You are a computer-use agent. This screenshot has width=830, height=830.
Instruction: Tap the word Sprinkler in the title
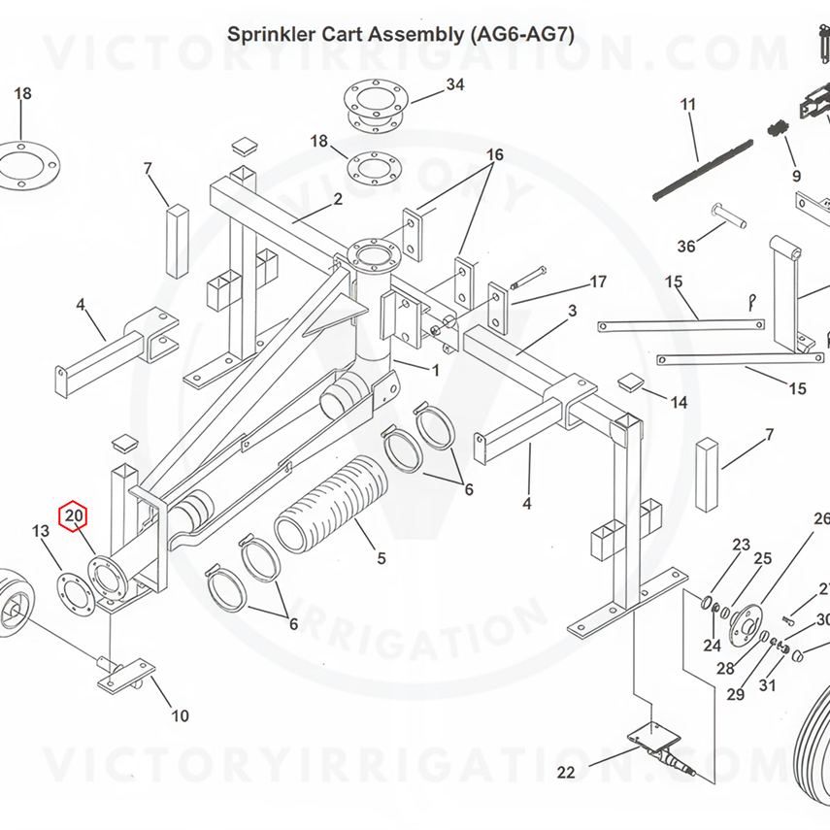click(271, 35)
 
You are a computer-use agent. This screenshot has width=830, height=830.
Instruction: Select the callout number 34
click(455, 84)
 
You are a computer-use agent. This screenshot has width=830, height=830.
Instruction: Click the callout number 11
click(688, 104)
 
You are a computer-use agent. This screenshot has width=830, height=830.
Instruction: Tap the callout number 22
click(565, 773)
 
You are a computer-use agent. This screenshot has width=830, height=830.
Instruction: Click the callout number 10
click(180, 716)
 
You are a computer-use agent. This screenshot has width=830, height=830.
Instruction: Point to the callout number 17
click(598, 282)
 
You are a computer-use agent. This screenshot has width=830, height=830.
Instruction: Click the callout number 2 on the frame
click(338, 200)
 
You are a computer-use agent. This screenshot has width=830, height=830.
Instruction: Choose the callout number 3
click(573, 311)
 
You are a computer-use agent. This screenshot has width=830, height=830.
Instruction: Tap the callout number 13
click(41, 531)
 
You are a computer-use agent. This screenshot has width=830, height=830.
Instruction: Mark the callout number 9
click(797, 176)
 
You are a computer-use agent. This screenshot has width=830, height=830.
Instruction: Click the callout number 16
click(495, 155)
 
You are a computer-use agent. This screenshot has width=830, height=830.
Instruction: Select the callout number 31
click(768, 686)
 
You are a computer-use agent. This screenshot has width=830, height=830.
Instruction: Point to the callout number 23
click(742, 545)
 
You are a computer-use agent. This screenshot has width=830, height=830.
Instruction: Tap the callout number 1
click(436, 370)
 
